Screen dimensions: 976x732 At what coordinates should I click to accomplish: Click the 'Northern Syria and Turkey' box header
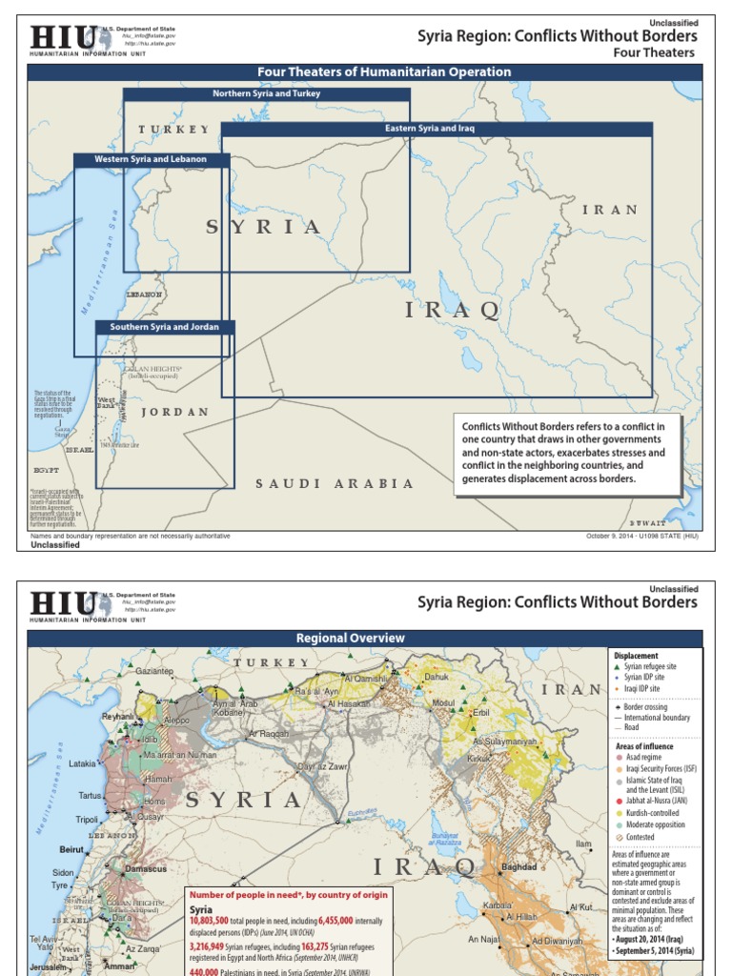click(x=266, y=93)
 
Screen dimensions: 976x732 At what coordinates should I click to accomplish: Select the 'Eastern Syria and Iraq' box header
click(x=429, y=128)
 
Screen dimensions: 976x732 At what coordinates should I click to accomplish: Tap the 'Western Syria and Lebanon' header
click(x=151, y=159)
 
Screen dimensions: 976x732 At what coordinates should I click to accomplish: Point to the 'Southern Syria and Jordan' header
click(x=164, y=327)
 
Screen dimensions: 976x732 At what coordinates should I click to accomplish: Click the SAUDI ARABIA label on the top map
click(x=335, y=484)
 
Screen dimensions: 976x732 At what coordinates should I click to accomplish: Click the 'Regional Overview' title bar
click(x=363, y=638)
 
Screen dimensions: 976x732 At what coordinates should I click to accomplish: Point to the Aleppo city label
click(x=176, y=722)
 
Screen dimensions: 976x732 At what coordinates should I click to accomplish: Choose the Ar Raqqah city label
click(x=268, y=735)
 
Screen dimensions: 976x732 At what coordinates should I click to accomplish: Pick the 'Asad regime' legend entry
click(x=644, y=757)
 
